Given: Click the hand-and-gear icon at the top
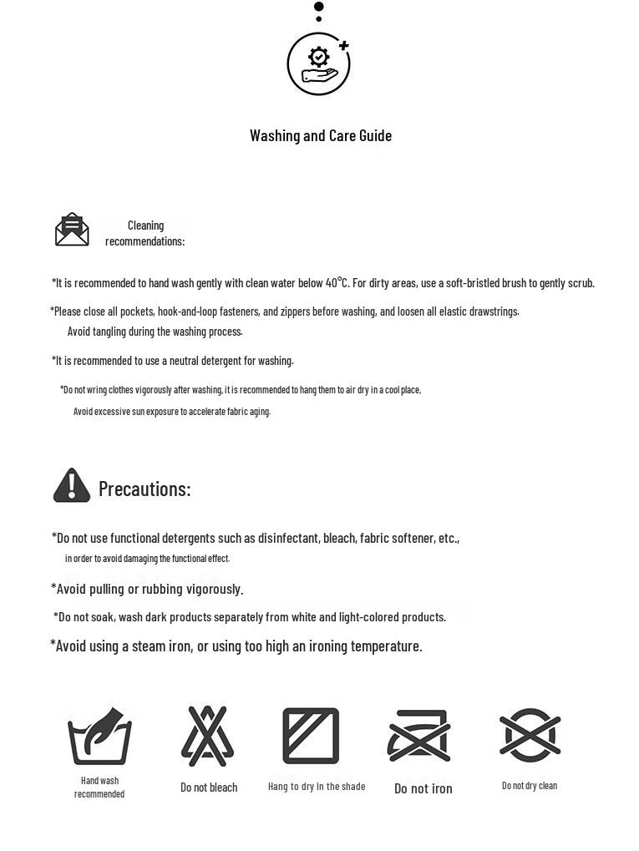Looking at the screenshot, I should (318, 64).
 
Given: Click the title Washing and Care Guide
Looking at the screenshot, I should (321, 135).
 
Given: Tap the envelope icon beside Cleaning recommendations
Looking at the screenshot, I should (72, 230).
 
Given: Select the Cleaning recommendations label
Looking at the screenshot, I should (145, 233).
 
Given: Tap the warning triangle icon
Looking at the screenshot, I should (72, 485).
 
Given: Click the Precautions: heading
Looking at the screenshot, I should (145, 489).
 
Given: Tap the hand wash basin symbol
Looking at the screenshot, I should (99, 737).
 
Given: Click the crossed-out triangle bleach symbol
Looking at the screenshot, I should (208, 736).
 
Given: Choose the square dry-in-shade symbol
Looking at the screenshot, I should (311, 736).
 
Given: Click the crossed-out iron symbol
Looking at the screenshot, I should (419, 736).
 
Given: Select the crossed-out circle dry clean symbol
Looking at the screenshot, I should (530, 735).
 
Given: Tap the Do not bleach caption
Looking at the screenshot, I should (209, 788).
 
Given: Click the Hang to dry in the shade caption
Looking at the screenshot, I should (317, 787).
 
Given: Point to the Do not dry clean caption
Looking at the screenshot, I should (530, 786).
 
